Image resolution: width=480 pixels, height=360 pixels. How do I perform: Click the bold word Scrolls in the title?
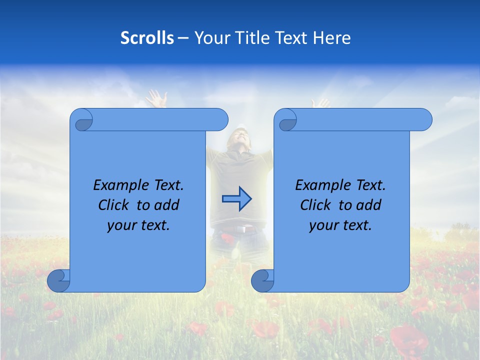147,38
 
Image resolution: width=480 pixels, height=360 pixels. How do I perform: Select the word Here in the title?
331,38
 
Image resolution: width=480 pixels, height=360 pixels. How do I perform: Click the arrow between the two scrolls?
236,199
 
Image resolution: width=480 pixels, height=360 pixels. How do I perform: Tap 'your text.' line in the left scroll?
138,225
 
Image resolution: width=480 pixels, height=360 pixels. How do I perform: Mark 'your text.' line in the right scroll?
340,225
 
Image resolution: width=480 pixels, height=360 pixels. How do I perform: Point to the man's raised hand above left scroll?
157,98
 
